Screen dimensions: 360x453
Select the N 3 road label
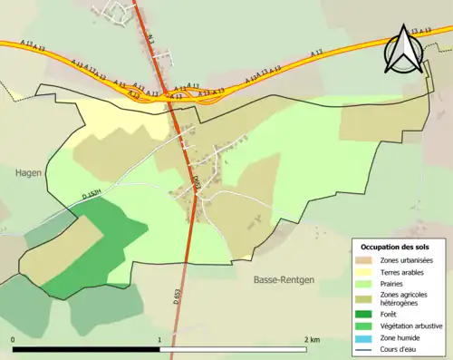click(x=150, y=39)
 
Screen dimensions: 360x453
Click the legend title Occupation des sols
click(x=397, y=247)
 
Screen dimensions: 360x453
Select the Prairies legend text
click(x=394, y=284)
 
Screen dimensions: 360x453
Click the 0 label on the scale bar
click(x=13, y=340)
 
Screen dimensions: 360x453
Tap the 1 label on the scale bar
click(x=160, y=340)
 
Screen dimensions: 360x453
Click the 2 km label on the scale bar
click(x=312, y=340)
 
